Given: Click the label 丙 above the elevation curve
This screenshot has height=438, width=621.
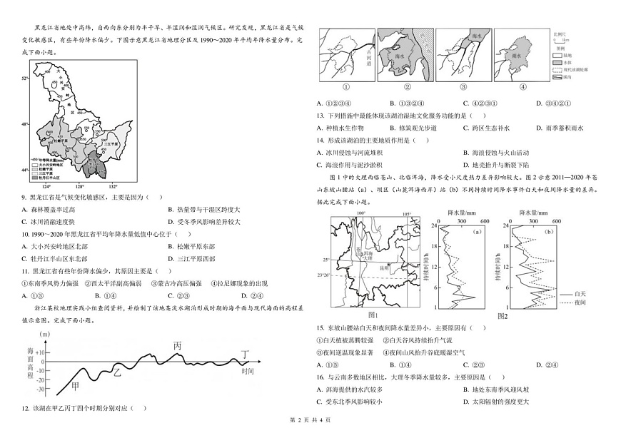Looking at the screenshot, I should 178,345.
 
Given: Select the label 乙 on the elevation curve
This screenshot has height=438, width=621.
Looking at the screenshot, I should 118,372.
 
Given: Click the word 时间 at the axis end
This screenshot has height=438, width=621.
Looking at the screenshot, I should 248,372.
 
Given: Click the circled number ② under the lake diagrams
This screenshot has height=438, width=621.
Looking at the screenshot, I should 408,88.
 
